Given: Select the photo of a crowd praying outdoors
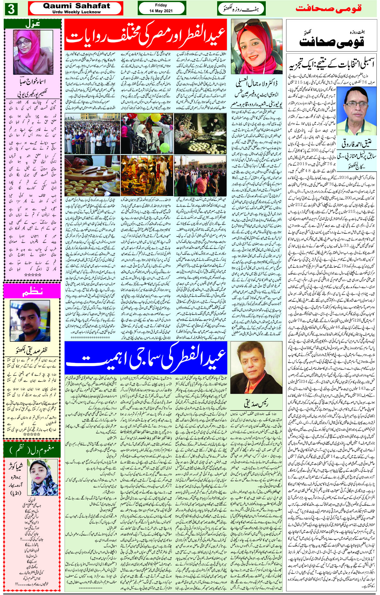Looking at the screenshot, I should (x=92, y=133).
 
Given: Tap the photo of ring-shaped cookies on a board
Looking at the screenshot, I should (x=92, y=175).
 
